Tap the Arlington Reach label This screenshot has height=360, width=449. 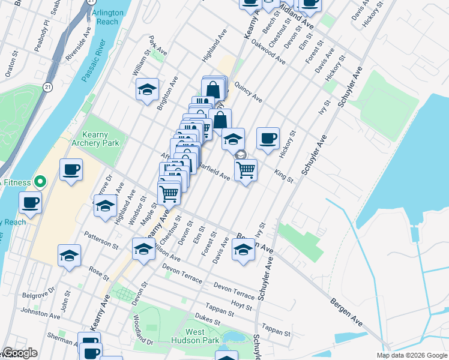point(107,17)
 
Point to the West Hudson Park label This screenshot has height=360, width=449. point(203,336)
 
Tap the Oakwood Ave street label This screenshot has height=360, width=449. point(268,52)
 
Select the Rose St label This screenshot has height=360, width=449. point(98,274)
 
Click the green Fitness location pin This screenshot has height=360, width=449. point(40,180)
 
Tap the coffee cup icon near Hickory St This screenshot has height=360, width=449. point(268,139)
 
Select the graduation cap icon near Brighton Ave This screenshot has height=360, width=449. point(147,89)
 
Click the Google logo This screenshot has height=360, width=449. point(20,353)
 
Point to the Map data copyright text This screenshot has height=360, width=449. point(411,355)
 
